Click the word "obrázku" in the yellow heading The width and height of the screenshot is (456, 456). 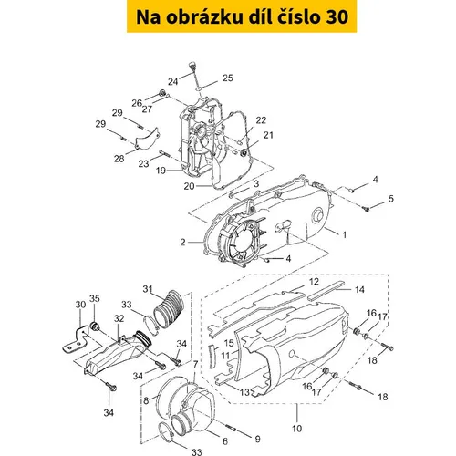click(204, 16)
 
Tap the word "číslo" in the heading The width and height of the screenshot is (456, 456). click(298, 16)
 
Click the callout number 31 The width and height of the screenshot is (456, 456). click(148, 289)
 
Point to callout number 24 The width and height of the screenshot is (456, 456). click(173, 81)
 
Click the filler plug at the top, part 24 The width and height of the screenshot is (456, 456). click(192, 66)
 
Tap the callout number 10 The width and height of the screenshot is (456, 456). click(297, 429)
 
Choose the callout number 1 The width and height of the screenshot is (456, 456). click(344, 234)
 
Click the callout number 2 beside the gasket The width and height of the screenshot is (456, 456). click(182, 242)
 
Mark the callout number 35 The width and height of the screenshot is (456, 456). click(95, 298)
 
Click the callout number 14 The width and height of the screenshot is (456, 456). click(359, 289)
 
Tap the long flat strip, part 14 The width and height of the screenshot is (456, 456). click(326, 291)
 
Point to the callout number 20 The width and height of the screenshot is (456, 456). click(189, 186)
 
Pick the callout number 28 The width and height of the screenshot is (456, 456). click(119, 159)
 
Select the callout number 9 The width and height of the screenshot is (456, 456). click(257, 439)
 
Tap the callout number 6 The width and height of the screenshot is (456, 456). click(225, 441)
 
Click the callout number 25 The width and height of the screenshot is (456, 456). click(228, 78)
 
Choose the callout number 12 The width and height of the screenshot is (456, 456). click(314, 282)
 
